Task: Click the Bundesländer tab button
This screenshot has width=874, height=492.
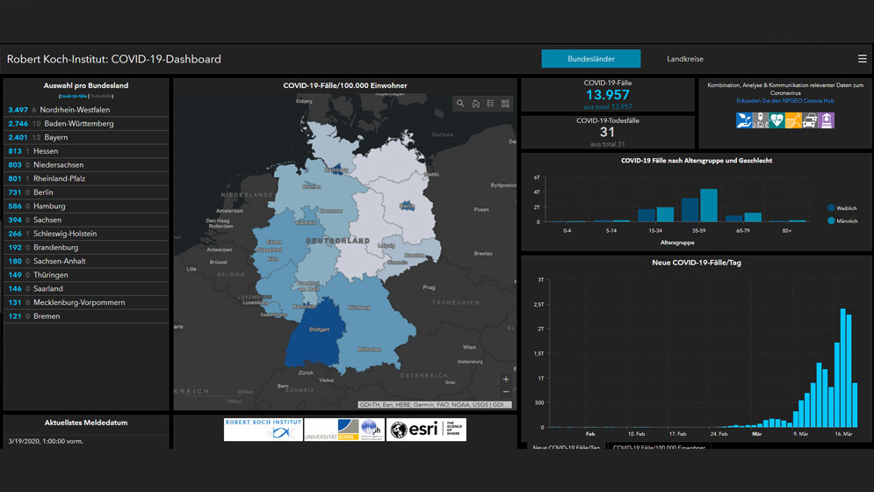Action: pos(590,59)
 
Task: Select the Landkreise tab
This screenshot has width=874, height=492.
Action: pos(685,59)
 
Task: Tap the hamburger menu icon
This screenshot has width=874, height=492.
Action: pos(862,59)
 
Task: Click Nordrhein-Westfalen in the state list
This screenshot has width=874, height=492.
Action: pos(75,110)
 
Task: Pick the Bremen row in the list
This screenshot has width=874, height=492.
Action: pos(47,316)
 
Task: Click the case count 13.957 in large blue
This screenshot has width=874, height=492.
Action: pos(608,95)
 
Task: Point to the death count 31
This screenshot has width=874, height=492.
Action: pos(608,132)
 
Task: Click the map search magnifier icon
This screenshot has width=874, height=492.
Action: pos(460,104)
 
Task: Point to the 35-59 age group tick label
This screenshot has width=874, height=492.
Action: pos(699,230)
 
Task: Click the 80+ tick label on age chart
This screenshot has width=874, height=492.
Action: pos(787,230)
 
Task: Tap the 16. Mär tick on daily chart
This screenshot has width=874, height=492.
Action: pos(843,433)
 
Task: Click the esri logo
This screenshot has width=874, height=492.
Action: pos(426,430)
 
